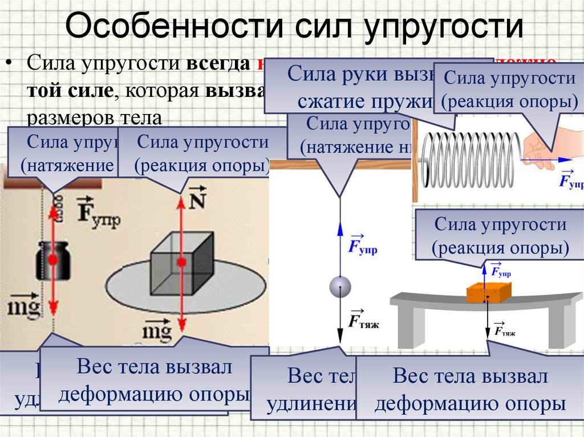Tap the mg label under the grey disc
coord(156,330)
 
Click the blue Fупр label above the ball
coord(363,245)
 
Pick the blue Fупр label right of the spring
coord(570,179)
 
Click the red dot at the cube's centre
coord(181,262)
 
